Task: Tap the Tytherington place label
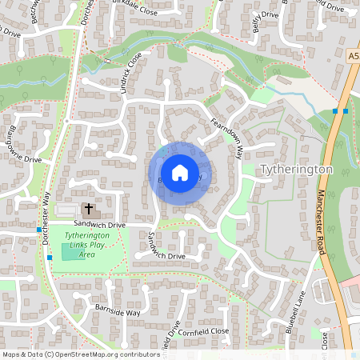[x=296, y=170]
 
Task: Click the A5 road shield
[x=354, y=57]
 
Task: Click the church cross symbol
[x=88, y=208]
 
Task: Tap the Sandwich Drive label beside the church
[x=101, y=226]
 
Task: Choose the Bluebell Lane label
[x=295, y=314]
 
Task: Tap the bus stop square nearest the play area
[x=50, y=258]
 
